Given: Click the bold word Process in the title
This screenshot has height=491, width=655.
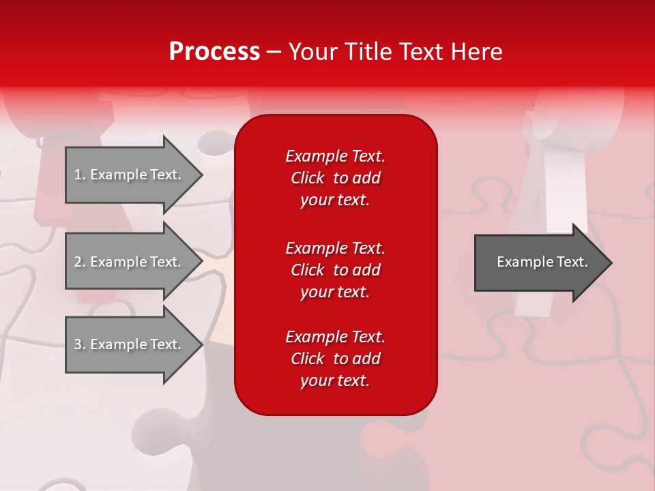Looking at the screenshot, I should click(214, 52).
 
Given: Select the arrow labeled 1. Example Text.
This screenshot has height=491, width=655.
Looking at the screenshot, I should click(130, 175).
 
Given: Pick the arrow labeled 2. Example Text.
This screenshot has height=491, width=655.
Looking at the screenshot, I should click(130, 262).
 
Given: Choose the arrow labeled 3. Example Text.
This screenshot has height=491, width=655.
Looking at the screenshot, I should click(130, 344).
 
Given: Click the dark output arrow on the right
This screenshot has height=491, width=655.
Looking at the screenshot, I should click(539, 263).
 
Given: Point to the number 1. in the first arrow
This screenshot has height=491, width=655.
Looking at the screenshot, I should click(80, 175).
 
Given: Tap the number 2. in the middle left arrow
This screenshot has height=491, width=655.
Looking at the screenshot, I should click(80, 262).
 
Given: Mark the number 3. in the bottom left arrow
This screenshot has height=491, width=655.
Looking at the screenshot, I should click(80, 344).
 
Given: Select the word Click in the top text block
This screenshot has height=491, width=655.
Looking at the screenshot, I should click(307, 179).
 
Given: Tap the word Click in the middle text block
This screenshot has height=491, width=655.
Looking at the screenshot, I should click(307, 270).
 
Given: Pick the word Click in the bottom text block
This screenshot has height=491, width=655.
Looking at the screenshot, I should click(307, 359).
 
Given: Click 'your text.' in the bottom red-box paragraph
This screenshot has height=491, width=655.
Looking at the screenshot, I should click(335, 381).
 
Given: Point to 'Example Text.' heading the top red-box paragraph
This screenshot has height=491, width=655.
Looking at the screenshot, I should click(335, 156).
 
